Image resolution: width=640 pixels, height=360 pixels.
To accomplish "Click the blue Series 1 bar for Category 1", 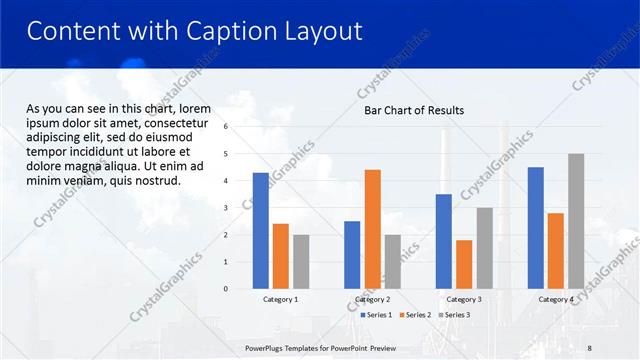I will click(x=260, y=231).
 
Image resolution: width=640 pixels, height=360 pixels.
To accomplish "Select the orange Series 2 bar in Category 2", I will click(x=372, y=229).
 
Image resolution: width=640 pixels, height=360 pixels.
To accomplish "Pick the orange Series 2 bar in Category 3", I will click(x=464, y=264).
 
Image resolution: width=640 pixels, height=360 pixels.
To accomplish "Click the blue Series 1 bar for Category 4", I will click(x=535, y=228).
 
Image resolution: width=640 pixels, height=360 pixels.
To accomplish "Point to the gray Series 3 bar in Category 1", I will click(x=301, y=262).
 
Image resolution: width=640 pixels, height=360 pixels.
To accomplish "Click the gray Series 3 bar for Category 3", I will click(x=484, y=248).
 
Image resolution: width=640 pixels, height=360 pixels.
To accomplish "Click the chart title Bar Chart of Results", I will click(x=413, y=110).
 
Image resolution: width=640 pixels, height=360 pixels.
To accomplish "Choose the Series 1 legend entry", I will click(x=376, y=315).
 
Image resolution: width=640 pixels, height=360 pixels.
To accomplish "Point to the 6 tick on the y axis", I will click(x=226, y=127).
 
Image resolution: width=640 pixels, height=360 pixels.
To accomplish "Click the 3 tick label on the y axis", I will click(x=226, y=208).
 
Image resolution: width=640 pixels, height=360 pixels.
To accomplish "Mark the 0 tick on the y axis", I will click(x=226, y=289).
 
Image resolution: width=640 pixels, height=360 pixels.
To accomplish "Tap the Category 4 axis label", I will click(x=555, y=299).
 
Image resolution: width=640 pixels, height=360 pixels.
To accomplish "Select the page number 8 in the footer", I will click(x=588, y=346).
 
